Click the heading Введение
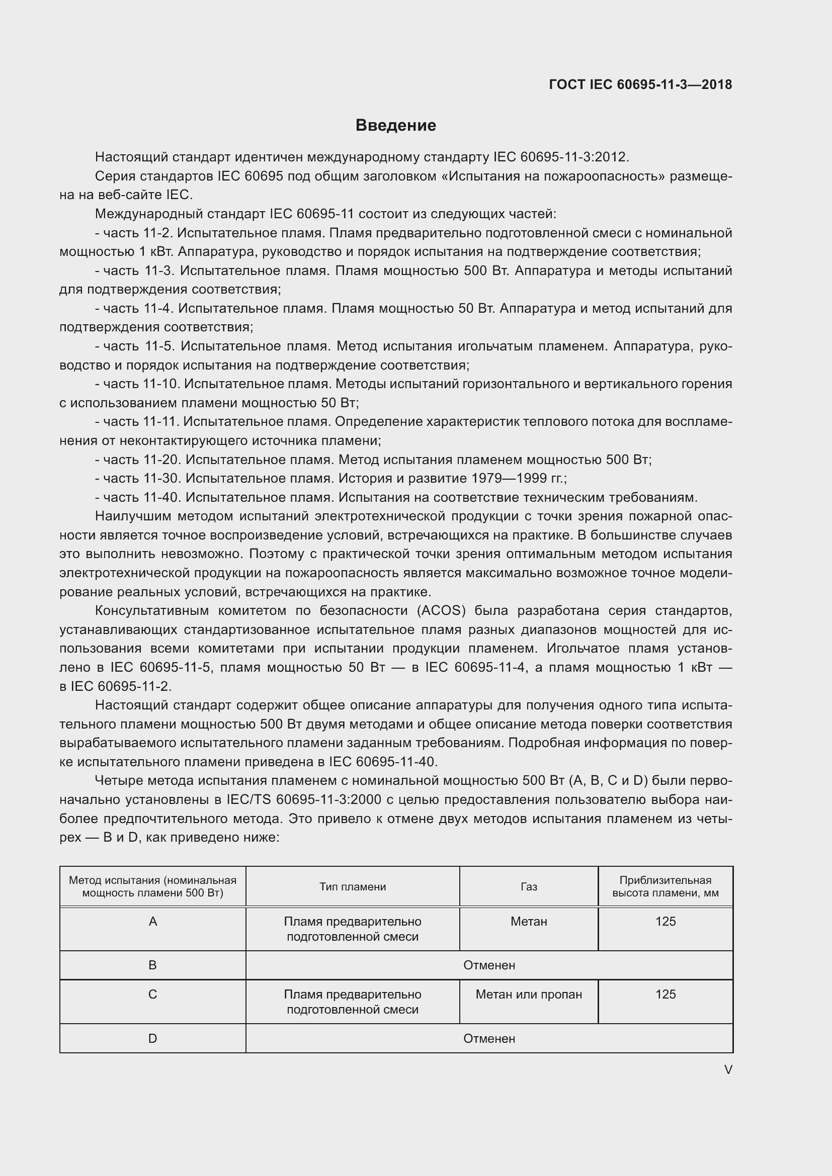(x=395, y=126)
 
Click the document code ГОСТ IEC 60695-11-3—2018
(x=640, y=84)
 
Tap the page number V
(x=728, y=1069)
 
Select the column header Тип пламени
(x=353, y=886)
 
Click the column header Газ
(x=529, y=886)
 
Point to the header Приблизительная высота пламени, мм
(x=665, y=886)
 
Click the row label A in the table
(x=153, y=922)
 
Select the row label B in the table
(x=153, y=965)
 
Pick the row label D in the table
(x=153, y=1038)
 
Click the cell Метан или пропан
(x=529, y=994)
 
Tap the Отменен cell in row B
(x=489, y=965)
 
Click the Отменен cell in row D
(x=489, y=1038)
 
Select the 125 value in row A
(x=665, y=922)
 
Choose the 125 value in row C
(x=665, y=994)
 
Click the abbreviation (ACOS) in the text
(x=441, y=610)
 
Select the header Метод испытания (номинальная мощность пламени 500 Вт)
(x=153, y=886)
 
